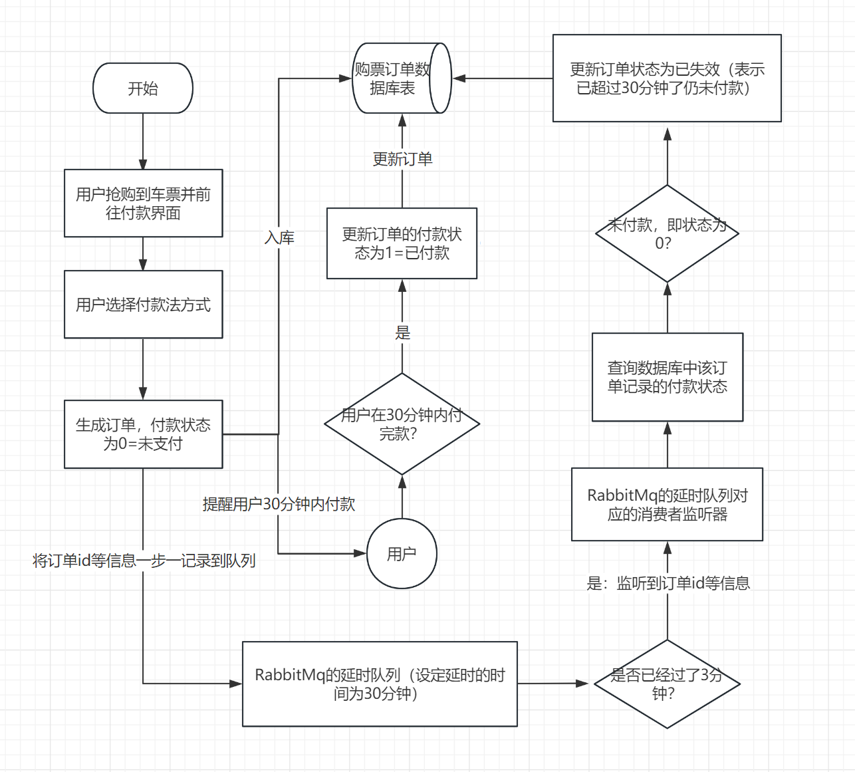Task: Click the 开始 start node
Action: pyautogui.click(x=143, y=88)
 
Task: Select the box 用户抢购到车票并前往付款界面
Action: pyautogui.click(x=143, y=203)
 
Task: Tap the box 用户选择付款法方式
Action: pyautogui.click(x=143, y=305)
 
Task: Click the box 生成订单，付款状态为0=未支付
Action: pyautogui.click(x=143, y=434)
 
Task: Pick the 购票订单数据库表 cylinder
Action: pyautogui.click(x=401, y=78)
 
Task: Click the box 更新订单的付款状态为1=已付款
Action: pyautogui.click(x=402, y=243)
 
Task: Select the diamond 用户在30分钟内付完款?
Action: pyautogui.click(x=402, y=424)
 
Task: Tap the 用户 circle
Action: pyautogui.click(x=402, y=554)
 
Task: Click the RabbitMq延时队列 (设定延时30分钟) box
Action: pyautogui.click(x=380, y=684)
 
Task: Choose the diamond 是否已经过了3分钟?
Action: pyautogui.click(x=667, y=684)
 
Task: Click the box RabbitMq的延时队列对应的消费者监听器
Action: pyautogui.click(x=667, y=505)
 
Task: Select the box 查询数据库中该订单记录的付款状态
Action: pyautogui.click(x=667, y=377)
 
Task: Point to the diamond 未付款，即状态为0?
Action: pyautogui.click(x=667, y=233)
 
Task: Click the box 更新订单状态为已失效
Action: pyautogui.click(x=667, y=78)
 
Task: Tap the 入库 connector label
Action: pyautogui.click(x=279, y=237)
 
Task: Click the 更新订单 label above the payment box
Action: pyautogui.click(x=402, y=159)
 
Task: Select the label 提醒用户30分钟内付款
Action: pyautogui.click(x=279, y=504)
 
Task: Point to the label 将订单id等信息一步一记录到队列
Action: pyautogui.click(x=144, y=561)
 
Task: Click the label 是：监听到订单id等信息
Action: pyautogui.click(x=668, y=583)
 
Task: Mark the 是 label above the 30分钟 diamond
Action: pyautogui.click(x=403, y=332)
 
